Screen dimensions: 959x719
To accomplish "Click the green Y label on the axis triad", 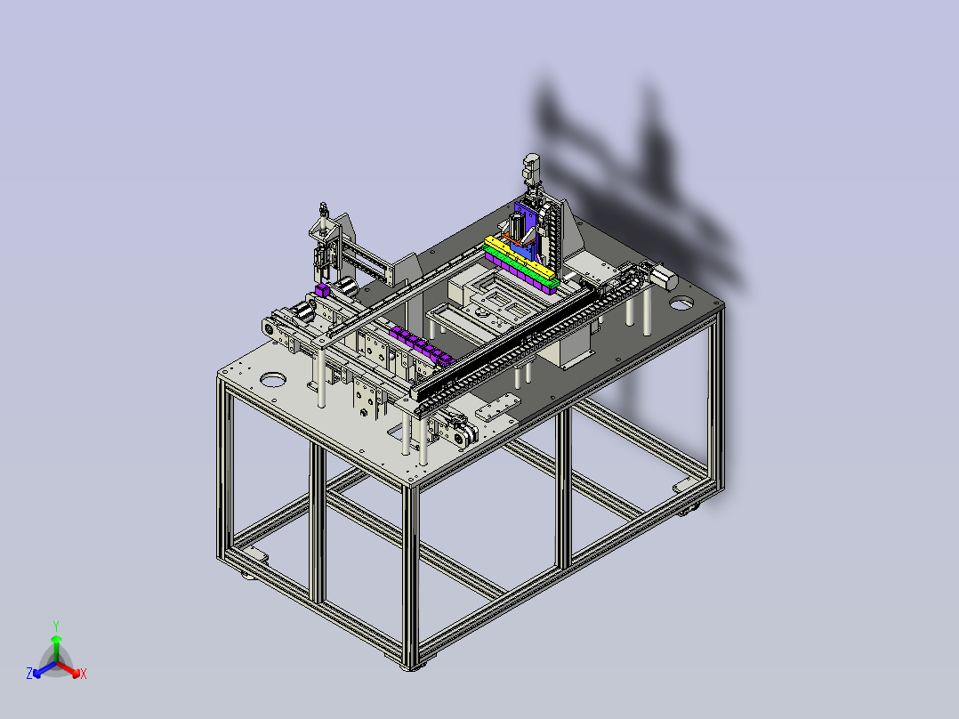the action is click(56, 626).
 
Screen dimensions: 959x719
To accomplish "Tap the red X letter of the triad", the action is click(84, 674).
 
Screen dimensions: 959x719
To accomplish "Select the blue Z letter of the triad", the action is click(29, 674).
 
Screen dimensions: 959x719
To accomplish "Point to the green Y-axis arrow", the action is click(56, 650).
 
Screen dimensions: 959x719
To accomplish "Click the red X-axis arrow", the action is click(68, 669).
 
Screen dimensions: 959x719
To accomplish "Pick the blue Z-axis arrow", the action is click(44, 669).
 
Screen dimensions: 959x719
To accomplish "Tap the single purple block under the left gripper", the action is click(322, 291).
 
